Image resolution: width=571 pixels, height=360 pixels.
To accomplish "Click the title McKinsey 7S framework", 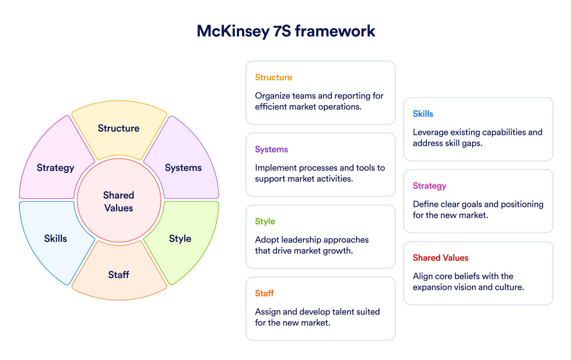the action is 286,31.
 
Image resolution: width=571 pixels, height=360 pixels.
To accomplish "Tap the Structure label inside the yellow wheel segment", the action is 119,128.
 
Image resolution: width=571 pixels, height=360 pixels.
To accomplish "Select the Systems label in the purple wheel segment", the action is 183,168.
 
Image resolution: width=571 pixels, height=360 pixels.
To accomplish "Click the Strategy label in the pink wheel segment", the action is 55,168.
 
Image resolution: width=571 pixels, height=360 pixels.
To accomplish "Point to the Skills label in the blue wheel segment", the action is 55,238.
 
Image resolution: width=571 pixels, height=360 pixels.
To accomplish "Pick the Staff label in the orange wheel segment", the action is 119,275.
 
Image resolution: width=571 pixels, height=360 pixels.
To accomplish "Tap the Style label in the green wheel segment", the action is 180,239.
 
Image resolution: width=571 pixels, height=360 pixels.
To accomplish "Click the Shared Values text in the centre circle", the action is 119,201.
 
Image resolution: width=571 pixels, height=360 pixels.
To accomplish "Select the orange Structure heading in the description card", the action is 274,77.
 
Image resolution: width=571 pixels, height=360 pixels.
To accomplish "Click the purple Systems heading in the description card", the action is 271,149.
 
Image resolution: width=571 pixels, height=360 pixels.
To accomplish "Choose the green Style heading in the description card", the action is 265,221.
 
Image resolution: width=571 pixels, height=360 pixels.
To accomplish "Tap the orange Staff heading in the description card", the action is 265,293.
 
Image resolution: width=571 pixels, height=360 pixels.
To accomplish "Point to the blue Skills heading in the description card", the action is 423,113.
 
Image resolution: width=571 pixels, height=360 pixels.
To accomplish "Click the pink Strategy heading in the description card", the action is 430,186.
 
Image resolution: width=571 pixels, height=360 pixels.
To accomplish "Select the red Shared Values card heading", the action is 441,258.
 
